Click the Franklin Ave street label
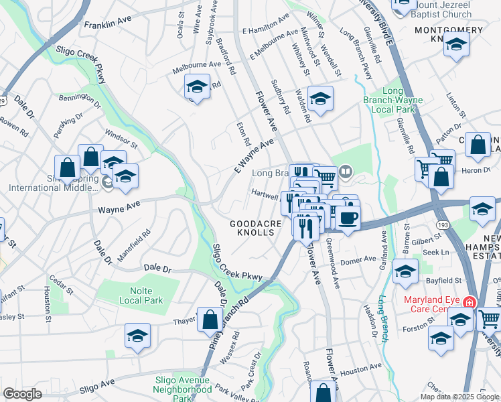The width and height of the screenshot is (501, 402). coord(108,23)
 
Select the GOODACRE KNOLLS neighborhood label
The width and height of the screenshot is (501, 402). coord(253,227)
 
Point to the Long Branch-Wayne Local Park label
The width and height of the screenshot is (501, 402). coord(402,100)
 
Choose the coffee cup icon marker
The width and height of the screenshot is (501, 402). coord(348,218)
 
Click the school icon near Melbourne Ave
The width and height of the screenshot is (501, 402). coord(197,86)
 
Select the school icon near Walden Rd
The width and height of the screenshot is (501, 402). coord(320,98)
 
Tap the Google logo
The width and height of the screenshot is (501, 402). coord(22,394)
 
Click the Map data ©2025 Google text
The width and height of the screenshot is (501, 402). coord(459,397)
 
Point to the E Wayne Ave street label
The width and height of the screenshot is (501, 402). coord(254,156)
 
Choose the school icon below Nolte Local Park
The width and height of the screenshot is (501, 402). coord(137,336)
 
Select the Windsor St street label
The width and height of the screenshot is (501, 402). coord(121,141)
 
